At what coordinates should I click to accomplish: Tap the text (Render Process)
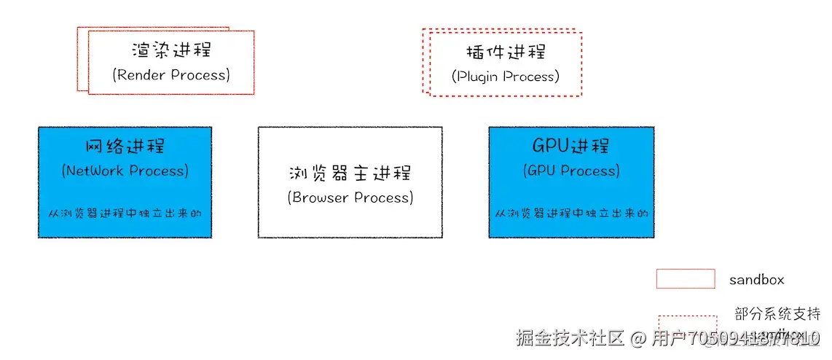(171, 74)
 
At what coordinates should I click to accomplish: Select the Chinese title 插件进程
(506, 52)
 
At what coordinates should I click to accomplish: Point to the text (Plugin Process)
(506, 76)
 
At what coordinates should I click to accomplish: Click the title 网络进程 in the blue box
(125, 145)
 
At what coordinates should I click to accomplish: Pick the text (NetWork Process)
(125, 171)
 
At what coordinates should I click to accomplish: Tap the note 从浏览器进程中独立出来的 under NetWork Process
(125, 214)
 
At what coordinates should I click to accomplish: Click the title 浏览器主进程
(350, 173)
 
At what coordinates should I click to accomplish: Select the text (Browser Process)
(350, 197)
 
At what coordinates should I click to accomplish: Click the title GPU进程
(571, 145)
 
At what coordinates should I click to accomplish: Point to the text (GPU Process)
(571, 171)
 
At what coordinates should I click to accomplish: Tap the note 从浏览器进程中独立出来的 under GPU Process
(571, 214)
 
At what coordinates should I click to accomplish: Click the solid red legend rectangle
(685, 278)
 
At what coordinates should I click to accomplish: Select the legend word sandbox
(756, 279)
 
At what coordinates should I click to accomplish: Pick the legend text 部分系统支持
(777, 314)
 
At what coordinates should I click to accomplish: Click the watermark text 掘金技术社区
(570, 338)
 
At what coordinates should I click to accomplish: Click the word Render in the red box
(141, 74)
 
